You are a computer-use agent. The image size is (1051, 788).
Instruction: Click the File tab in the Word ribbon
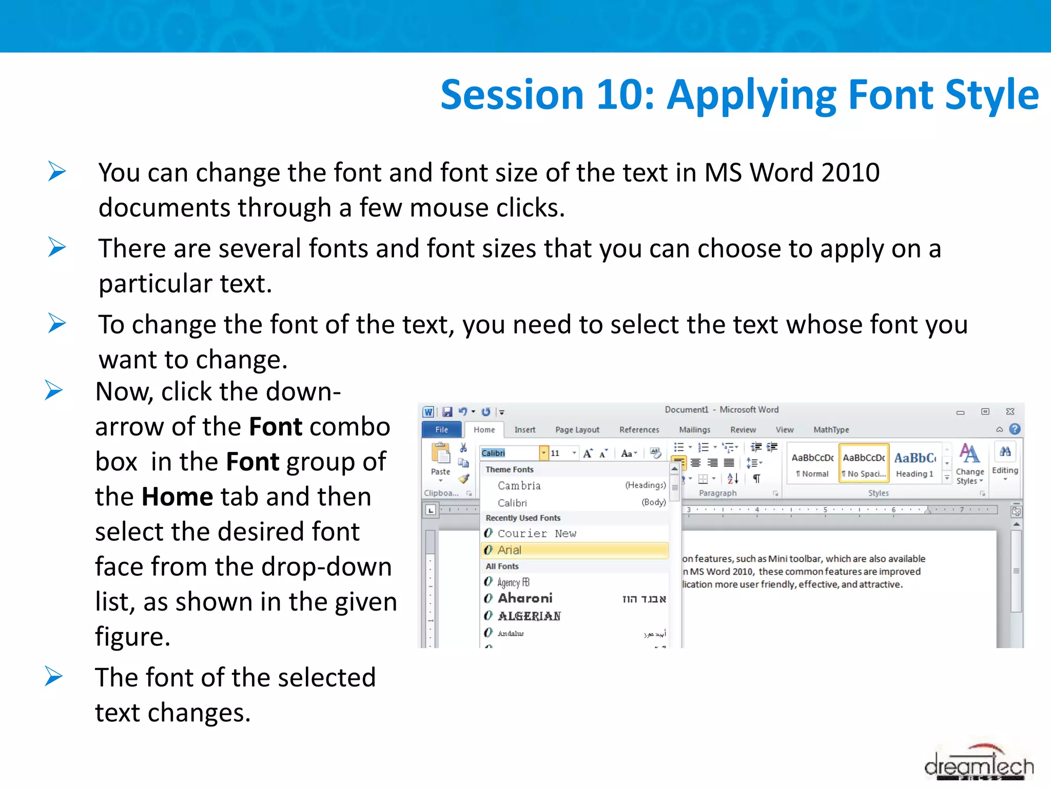tap(441, 430)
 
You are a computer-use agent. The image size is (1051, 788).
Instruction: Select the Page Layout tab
tap(577, 430)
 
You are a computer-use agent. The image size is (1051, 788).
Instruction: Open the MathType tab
tap(831, 430)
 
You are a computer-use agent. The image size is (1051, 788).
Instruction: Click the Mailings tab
tap(694, 430)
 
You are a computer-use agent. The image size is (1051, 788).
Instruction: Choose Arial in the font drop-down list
tap(575, 550)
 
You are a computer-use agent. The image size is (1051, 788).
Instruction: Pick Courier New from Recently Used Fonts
tap(537, 534)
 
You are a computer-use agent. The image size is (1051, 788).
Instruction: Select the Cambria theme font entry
tap(519, 485)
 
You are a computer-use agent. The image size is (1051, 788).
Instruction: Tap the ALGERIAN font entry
tap(529, 616)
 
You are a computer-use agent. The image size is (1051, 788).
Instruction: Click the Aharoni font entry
tap(525, 598)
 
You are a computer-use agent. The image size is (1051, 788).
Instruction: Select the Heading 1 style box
tap(914, 463)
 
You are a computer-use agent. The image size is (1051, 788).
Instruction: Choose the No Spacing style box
tap(864, 463)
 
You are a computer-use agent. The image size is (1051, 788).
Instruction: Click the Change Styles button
tap(969, 463)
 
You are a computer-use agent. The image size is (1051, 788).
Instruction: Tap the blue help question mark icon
tap(1015, 429)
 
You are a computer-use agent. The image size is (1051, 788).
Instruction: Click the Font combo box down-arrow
tap(543, 453)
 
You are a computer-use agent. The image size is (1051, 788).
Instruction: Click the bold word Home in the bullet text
tap(177, 497)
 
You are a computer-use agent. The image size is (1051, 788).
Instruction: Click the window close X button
tap(1010, 411)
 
